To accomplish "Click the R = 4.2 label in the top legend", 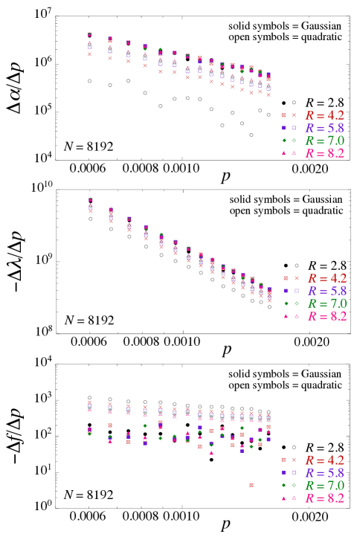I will click(x=325, y=115).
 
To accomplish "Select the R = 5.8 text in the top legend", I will click(x=325, y=128).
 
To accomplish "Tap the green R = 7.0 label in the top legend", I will click(x=325, y=141).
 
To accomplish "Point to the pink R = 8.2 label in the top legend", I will click(x=325, y=153).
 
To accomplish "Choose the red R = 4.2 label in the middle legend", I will click(x=327, y=278).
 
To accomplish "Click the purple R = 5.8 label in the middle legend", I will click(x=327, y=291).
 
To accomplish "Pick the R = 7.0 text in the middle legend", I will click(x=327, y=303).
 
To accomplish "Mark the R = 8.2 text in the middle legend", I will click(x=327, y=316).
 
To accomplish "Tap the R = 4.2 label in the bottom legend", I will click(x=325, y=460).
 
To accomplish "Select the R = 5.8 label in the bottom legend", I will click(x=325, y=472).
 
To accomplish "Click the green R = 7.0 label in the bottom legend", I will click(x=325, y=485).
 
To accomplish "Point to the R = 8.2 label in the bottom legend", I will click(x=325, y=498).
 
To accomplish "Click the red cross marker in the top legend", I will click(x=294, y=115).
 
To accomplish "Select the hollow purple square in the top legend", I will click(x=294, y=128).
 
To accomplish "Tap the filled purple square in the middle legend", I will click(x=286, y=291).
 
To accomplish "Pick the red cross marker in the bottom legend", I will click(x=294, y=460).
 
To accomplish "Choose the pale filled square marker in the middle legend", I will click(x=286, y=278).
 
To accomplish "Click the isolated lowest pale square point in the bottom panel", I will click(x=251, y=485).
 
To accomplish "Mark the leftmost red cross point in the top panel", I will click(x=90, y=54).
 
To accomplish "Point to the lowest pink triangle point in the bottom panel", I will click(x=211, y=452).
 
